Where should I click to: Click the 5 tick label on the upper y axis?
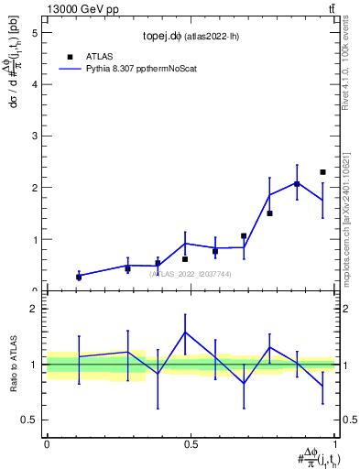coord(34,32)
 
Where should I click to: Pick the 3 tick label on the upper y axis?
coord(34,136)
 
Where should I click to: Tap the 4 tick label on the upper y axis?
coord(34,84)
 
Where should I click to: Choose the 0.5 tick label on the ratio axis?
coord(29,420)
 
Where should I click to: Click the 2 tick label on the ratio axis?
coord(34,309)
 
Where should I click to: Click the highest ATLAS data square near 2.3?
coord(322,172)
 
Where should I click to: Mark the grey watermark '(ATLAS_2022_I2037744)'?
coord(191,273)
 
